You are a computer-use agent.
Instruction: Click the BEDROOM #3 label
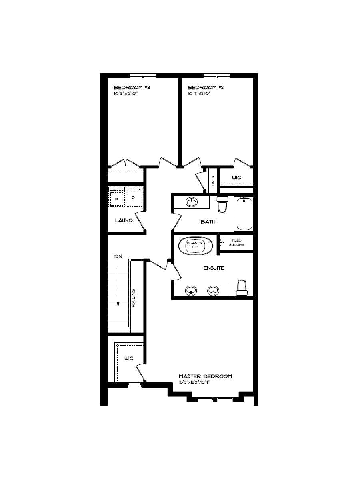132,88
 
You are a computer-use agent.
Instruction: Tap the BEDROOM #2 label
205,88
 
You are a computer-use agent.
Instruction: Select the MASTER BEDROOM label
205,376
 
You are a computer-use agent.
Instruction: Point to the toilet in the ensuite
242,288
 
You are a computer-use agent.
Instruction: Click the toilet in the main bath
222,204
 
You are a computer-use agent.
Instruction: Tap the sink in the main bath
192,202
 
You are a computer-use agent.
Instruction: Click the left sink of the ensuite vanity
191,290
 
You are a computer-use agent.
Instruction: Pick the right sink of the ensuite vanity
213,290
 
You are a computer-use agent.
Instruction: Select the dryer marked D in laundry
133,197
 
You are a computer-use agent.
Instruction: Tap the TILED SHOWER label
236,242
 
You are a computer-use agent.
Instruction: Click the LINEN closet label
213,181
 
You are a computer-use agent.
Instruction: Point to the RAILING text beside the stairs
134,298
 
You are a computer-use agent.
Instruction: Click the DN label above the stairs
118,256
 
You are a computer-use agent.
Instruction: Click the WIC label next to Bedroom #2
236,177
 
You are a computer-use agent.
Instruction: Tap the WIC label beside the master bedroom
128,358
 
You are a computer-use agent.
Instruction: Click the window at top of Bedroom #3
143,76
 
